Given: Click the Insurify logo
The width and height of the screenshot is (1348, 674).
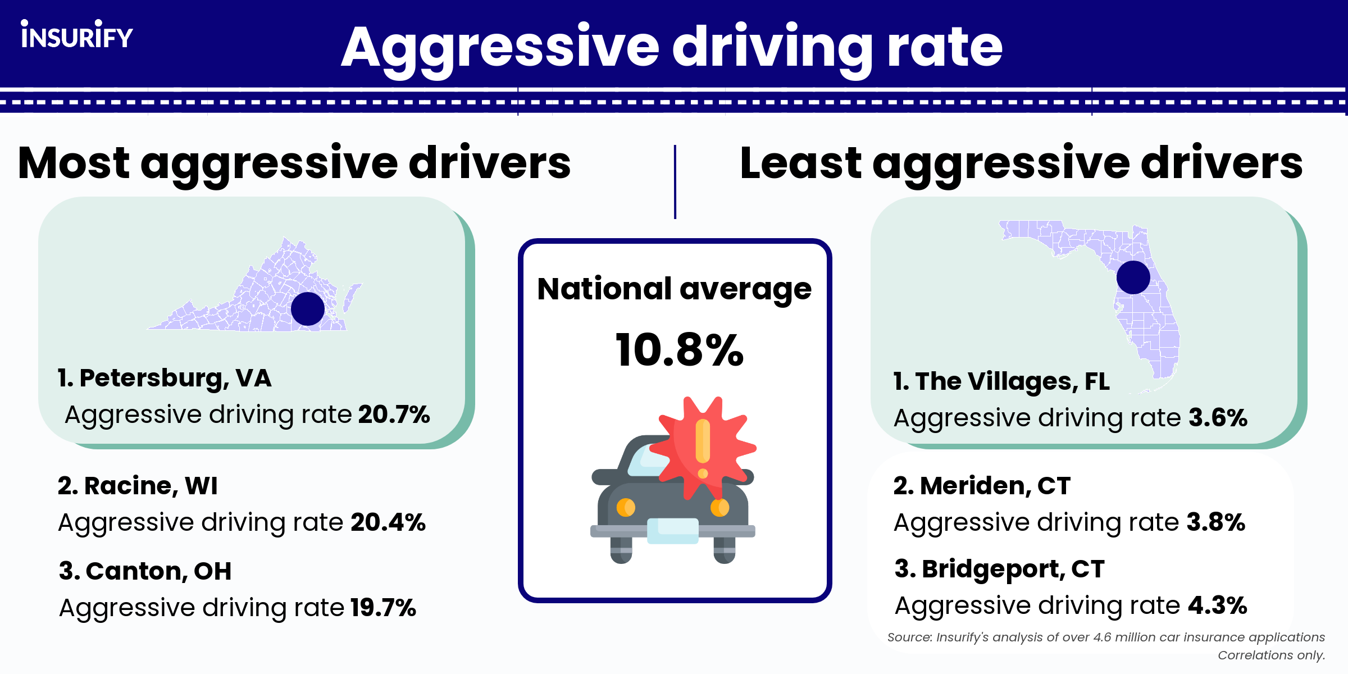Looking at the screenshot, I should click(77, 35).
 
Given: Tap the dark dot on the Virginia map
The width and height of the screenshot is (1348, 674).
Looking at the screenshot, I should click(308, 309).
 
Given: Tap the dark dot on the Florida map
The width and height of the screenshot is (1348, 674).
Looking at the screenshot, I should click(1133, 277).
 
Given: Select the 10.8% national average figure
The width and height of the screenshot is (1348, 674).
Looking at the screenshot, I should click(679, 350).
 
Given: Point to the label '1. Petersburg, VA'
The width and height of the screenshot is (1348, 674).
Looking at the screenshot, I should click(165, 378).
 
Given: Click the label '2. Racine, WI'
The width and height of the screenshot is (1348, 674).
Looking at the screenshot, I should click(138, 486).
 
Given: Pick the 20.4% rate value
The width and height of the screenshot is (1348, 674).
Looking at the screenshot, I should click(388, 522).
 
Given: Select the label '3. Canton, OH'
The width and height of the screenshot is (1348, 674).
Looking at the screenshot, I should click(145, 571).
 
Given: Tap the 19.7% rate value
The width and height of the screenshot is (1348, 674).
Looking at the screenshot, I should click(383, 608).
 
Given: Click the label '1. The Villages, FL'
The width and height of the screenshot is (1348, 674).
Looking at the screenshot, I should click(1001, 381).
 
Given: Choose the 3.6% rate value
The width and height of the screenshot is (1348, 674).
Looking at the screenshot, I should click(1218, 418).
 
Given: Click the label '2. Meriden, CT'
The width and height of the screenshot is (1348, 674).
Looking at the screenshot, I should click(982, 486).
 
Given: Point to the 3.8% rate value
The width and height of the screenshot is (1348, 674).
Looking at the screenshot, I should click(1215, 522).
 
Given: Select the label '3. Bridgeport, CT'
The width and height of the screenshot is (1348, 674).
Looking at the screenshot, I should click(1000, 569).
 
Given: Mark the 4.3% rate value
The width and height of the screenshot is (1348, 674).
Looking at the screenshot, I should click(1217, 605).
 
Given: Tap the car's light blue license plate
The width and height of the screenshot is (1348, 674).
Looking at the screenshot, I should click(673, 531).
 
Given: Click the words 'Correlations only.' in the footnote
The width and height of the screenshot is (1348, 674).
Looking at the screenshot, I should click(1271, 655).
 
